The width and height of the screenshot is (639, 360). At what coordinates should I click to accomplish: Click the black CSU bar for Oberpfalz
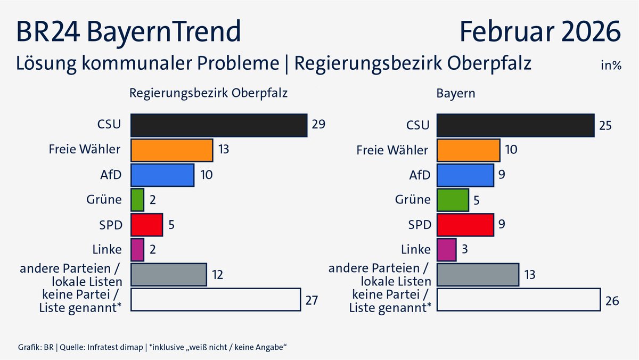[x=219, y=125]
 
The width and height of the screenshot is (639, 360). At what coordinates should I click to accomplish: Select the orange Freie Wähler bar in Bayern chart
[x=468, y=150]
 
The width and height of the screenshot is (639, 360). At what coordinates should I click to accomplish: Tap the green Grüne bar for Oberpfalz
[x=137, y=200]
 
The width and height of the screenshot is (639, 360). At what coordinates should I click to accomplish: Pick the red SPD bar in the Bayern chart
[x=465, y=224]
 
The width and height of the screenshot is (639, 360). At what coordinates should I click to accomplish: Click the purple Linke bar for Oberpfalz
[x=137, y=249]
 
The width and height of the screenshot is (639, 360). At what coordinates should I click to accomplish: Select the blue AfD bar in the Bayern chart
[x=465, y=175]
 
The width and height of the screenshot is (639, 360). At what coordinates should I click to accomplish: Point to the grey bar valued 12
[x=168, y=275]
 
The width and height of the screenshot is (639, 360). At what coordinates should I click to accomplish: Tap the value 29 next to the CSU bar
[x=318, y=125]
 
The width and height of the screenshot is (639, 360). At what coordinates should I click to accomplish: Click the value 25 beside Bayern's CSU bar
[x=605, y=126]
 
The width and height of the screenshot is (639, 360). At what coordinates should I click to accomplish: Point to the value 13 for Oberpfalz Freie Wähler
[x=224, y=150]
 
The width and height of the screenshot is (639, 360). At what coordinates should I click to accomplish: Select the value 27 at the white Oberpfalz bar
[x=312, y=300]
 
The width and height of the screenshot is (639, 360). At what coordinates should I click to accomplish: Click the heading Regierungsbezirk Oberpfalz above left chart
[x=209, y=93]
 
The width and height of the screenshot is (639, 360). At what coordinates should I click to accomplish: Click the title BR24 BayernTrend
[x=128, y=32]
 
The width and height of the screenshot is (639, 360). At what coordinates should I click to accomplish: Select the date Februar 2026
[x=540, y=32]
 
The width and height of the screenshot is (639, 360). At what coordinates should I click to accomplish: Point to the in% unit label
[x=611, y=66]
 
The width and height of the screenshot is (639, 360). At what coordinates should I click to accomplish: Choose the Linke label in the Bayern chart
[x=416, y=249]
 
